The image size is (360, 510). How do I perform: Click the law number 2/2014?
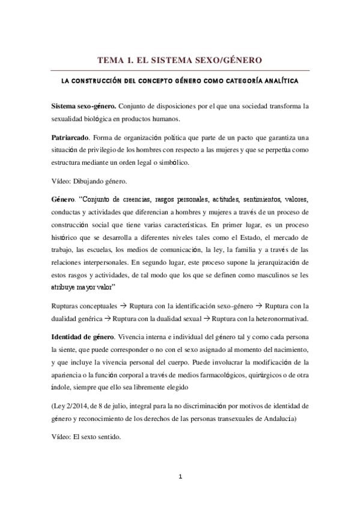point(81,406)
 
